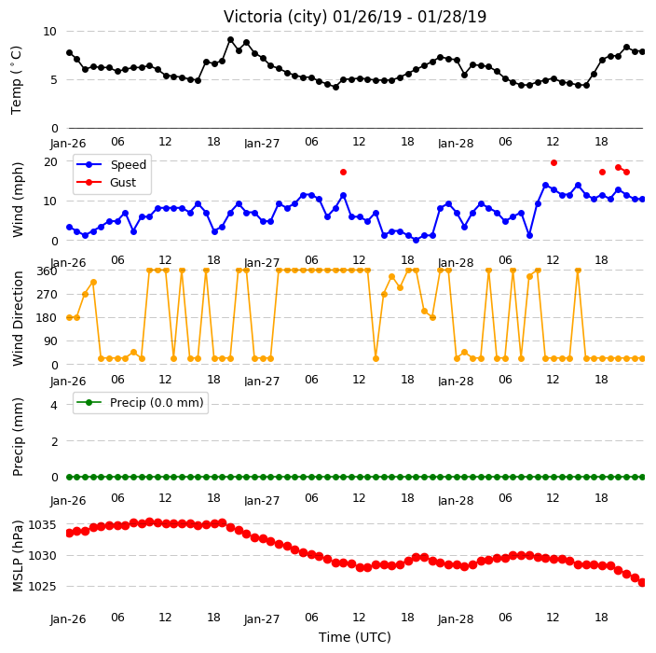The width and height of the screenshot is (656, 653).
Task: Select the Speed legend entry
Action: [111, 164]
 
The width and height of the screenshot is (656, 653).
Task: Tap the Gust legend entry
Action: [106, 182]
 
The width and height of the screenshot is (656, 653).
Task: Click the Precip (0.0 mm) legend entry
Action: [140, 402]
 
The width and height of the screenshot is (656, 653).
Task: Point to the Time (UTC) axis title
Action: [355, 637]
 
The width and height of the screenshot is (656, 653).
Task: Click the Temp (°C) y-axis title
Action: [16, 80]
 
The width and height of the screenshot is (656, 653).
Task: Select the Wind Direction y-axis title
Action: [18, 318]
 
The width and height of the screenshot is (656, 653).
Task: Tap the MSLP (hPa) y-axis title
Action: [18, 556]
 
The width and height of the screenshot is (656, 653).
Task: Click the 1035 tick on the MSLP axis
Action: [42, 525]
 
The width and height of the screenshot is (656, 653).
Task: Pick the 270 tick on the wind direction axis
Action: [48, 295]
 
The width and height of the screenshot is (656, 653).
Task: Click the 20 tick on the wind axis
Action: [50, 161]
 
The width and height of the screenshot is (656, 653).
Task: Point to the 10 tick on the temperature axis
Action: [49, 32]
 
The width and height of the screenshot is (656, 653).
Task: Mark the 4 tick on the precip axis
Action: [54, 405]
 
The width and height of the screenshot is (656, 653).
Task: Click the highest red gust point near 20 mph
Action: [553, 163]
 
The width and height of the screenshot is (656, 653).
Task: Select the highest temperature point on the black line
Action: [230, 40]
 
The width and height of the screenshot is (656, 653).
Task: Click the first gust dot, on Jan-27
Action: [344, 173]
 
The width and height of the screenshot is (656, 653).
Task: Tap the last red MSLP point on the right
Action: [642, 583]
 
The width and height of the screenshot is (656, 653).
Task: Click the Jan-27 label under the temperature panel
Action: [262, 144]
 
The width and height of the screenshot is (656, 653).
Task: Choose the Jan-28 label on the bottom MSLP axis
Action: [456, 619]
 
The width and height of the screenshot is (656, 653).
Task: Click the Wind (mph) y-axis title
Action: [18, 200]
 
